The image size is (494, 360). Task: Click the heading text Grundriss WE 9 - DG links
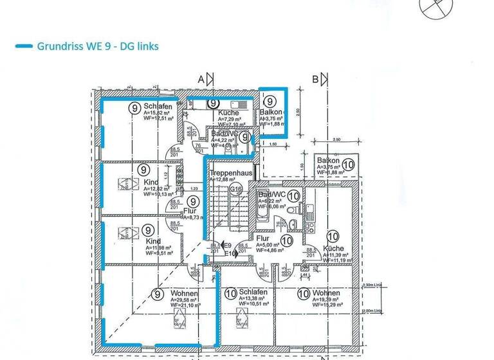pyautogui.click(x=98, y=46)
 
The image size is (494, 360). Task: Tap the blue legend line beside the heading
pyautogui.click(x=24, y=46)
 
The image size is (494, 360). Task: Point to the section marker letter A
pyautogui.click(x=201, y=80)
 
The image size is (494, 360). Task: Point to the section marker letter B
pyautogui.click(x=315, y=80)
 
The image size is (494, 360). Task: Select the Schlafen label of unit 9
pyautogui.click(x=158, y=107)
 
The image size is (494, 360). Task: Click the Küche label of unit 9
pyautogui.click(x=228, y=113)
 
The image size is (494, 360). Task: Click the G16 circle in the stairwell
pyautogui.click(x=235, y=189)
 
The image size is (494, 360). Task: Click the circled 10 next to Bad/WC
pyautogui.click(x=294, y=195)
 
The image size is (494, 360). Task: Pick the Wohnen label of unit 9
pyautogui.click(x=184, y=293)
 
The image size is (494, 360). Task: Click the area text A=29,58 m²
pyautogui.click(x=185, y=300)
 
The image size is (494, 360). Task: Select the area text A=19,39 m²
pyautogui.click(x=326, y=300)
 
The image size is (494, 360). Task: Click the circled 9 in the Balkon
pyautogui.click(x=271, y=101)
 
